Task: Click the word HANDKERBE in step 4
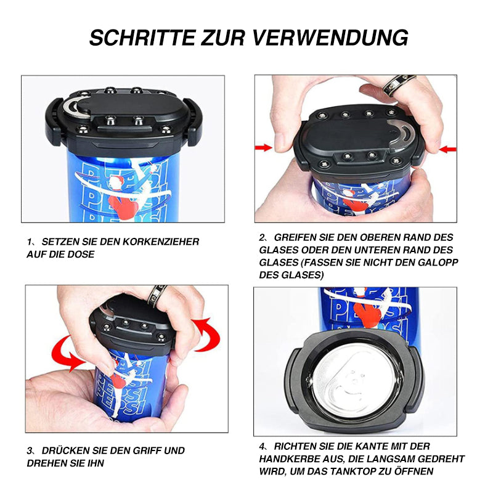click(286, 459)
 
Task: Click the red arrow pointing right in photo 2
click(264, 147)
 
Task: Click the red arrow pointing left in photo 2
click(448, 149)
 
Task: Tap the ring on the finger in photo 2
click(398, 84)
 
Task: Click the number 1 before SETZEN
click(30, 242)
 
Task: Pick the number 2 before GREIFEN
click(262, 237)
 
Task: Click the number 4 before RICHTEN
click(262, 446)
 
